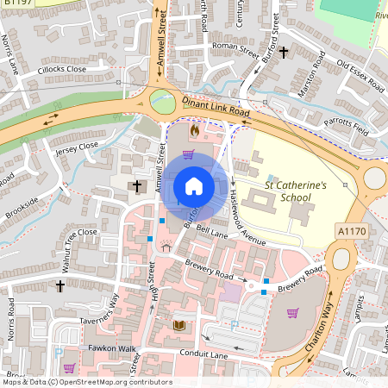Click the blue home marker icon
pos(194,186)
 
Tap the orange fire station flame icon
pos(194,132)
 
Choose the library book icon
pos(179,325)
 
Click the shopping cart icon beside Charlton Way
pos(292,312)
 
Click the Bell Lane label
pos(210,230)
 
